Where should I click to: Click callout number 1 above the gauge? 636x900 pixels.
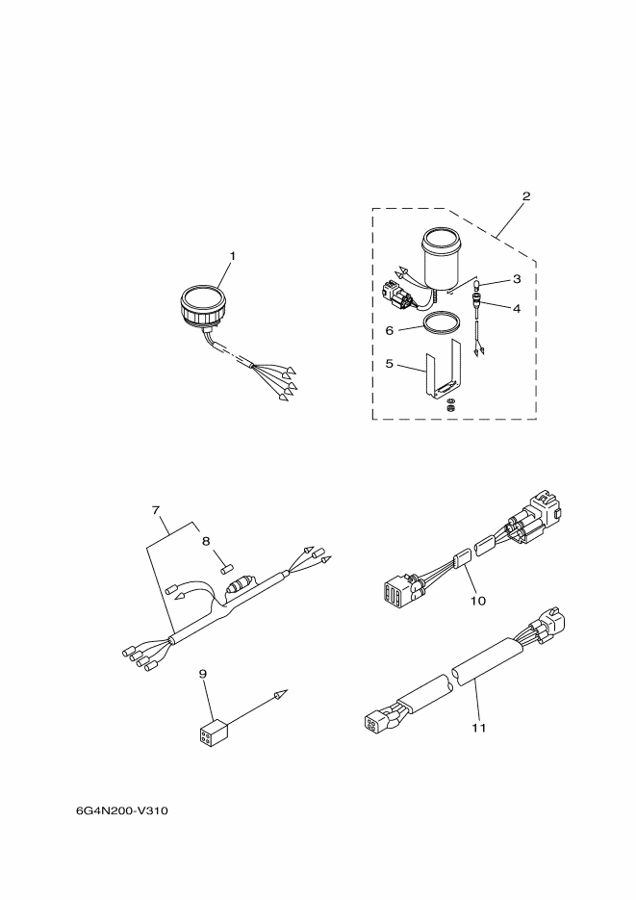[x=233, y=256]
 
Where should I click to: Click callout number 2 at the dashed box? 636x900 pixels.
[x=526, y=196]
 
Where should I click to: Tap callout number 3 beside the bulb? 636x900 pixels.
[x=517, y=279]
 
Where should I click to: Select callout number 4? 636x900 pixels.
[x=517, y=308]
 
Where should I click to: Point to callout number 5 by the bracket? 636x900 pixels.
[x=390, y=364]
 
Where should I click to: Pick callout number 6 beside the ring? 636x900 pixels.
[x=390, y=331]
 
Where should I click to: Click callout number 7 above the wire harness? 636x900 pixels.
[x=156, y=509]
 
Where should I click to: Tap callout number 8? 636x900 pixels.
[x=207, y=541]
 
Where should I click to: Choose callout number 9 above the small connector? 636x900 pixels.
[x=202, y=673]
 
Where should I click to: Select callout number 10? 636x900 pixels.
[x=477, y=601]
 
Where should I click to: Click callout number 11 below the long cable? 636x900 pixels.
[x=479, y=728]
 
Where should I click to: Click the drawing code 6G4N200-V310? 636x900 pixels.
[x=121, y=811]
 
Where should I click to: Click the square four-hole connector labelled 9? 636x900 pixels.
[x=212, y=733]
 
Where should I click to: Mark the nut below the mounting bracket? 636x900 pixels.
[x=450, y=407]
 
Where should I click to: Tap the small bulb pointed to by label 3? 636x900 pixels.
[x=476, y=284]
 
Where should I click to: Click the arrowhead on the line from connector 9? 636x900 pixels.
[x=280, y=695]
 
